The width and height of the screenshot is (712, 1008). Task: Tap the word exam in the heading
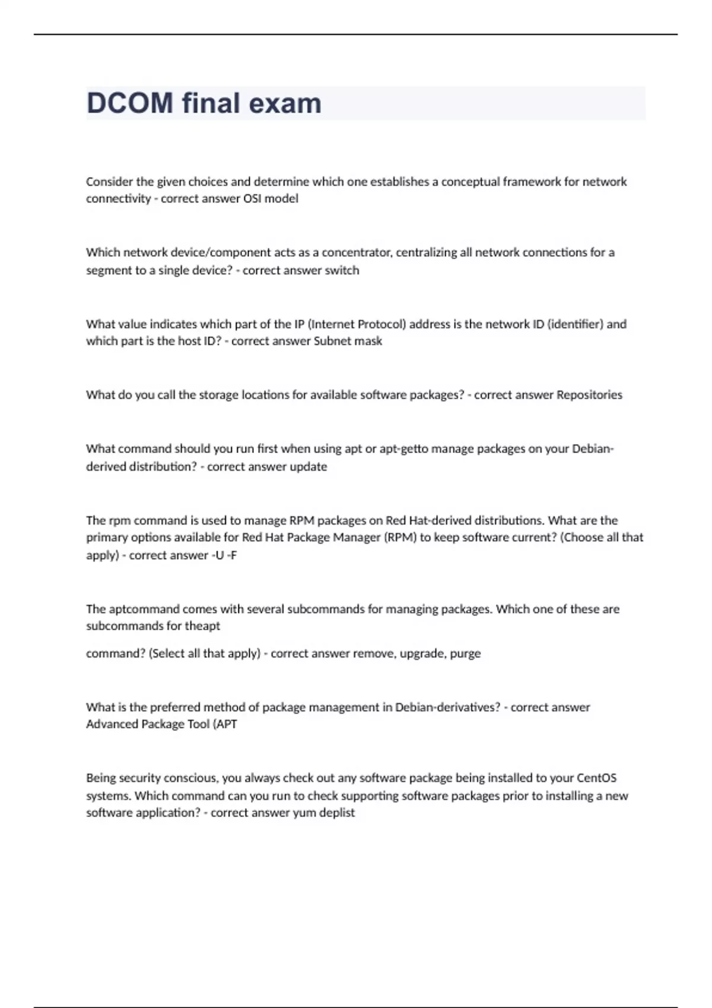tap(285, 103)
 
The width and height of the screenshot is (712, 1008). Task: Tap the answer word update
tap(308, 467)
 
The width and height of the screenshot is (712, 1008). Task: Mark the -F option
tap(232, 556)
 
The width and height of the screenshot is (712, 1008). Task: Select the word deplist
tap(336, 813)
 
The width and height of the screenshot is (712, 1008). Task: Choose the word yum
tap(304, 813)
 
